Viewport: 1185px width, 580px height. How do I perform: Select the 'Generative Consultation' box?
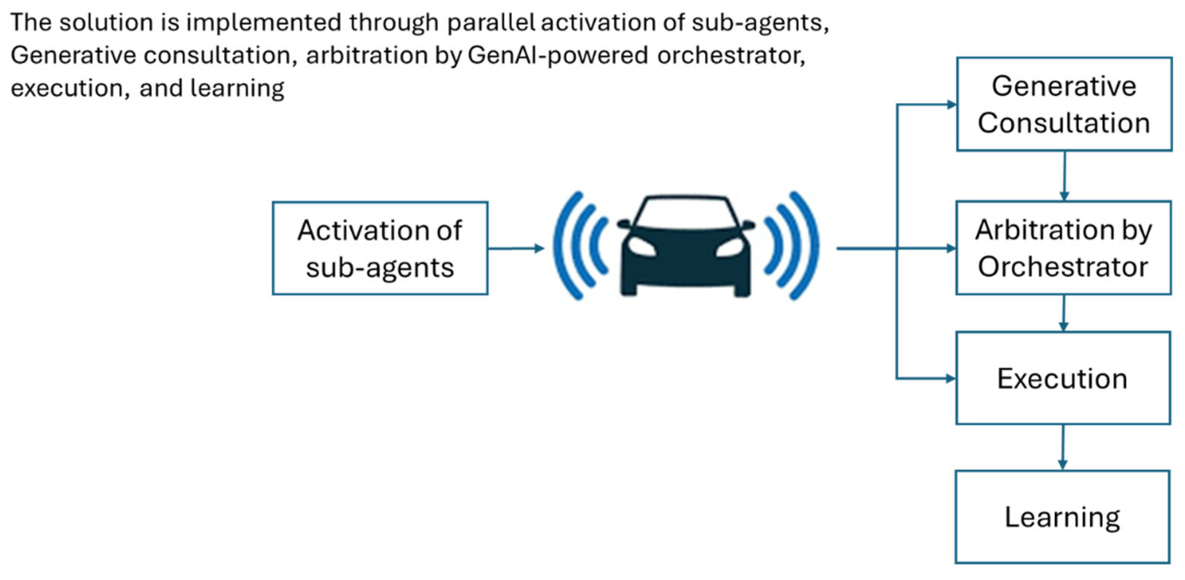[1064, 104]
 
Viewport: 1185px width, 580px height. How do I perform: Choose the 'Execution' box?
[1063, 378]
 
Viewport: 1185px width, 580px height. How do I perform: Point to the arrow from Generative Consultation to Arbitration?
[1064, 176]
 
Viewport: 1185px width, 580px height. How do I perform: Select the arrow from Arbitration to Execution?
[1063, 313]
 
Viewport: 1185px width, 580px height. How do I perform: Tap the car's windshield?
[686, 212]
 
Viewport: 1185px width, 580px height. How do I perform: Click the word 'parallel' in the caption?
[491, 22]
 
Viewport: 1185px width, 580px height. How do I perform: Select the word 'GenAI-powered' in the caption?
[558, 55]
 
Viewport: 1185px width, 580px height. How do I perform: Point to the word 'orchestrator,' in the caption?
[731, 55]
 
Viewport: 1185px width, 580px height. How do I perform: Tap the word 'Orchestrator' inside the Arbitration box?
[1063, 267]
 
